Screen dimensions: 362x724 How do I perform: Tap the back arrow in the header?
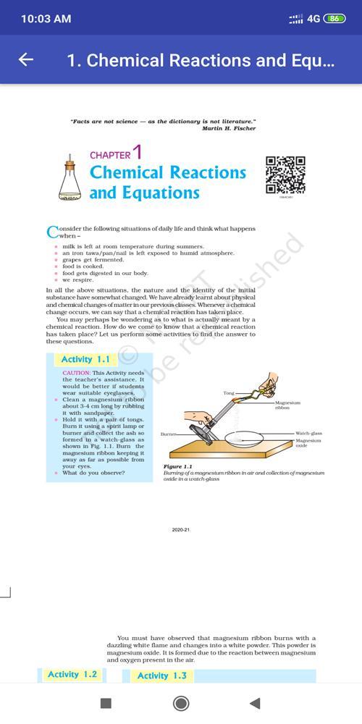(x=26, y=60)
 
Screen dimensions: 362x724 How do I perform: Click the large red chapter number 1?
(x=138, y=153)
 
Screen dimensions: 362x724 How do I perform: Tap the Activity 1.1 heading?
(x=85, y=359)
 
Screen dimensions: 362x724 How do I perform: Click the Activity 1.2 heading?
(x=72, y=675)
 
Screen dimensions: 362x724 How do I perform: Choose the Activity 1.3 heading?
(x=161, y=675)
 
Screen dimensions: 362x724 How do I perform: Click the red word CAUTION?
(x=76, y=373)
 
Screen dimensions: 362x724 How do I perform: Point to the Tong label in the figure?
(x=228, y=392)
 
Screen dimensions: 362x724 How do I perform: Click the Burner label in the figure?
(x=169, y=434)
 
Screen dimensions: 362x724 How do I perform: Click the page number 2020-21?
(x=181, y=530)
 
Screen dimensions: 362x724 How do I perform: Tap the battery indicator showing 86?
(x=334, y=18)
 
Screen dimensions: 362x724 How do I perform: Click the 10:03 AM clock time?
(x=46, y=18)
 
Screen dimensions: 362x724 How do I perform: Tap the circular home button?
(x=181, y=703)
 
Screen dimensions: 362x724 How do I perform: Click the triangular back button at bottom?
(x=255, y=703)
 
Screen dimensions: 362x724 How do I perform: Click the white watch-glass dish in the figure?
(x=251, y=439)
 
